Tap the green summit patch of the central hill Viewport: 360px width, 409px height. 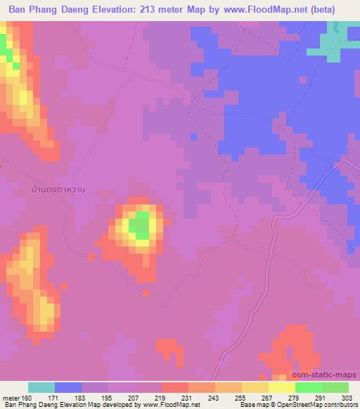(141, 225)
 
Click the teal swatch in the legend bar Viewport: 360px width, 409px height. (41, 387)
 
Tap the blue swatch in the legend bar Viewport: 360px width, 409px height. (68, 387)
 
